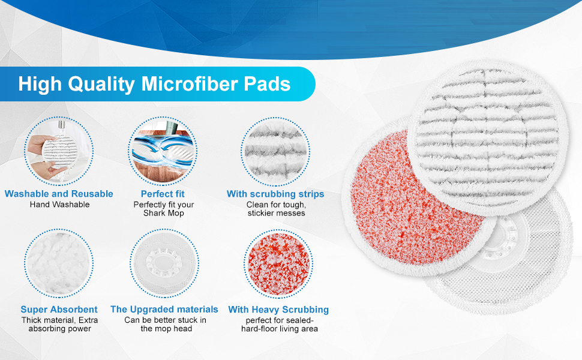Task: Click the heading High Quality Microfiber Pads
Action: point(154,83)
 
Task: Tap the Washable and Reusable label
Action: point(59,194)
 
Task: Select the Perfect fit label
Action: point(163,194)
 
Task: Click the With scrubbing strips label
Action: point(275,194)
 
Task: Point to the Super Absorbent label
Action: point(59,310)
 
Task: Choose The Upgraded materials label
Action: point(164,309)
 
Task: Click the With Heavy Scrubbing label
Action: point(278,310)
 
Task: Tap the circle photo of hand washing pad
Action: point(59,149)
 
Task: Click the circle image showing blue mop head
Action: point(163,149)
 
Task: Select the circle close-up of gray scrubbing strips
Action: point(275,149)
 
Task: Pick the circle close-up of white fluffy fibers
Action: point(59,263)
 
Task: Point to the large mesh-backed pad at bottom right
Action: point(528,252)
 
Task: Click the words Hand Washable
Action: point(59,205)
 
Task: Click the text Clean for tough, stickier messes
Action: point(275,209)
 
